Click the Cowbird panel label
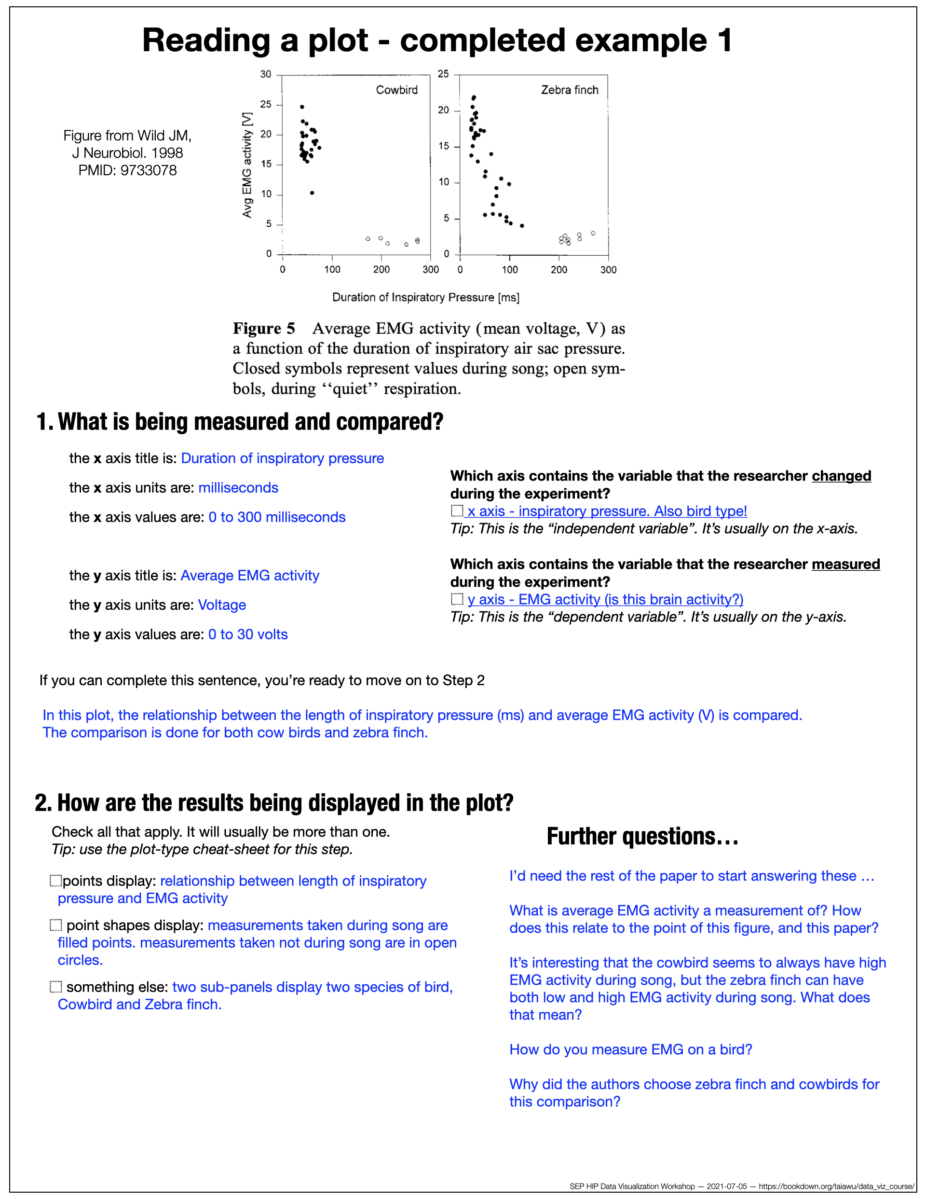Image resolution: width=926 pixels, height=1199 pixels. [396, 90]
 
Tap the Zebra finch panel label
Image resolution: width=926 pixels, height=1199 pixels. [569, 90]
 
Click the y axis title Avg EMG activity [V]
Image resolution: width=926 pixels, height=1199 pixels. [247, 165]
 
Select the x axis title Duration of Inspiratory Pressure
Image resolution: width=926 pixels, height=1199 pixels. [425, 297]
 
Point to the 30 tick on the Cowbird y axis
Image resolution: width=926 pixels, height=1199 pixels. [266, 74]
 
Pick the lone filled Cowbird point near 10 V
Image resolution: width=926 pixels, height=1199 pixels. [312, 193]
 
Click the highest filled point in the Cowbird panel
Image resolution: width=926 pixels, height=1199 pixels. [302, 107]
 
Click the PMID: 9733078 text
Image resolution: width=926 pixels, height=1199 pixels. [127, 170]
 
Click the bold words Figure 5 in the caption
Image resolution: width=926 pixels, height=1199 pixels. [263, 328]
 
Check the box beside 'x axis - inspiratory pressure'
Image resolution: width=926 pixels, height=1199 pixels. [457, 510]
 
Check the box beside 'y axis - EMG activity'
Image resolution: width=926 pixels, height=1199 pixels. [457, 599]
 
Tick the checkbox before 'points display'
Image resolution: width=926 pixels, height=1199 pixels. [56, 881]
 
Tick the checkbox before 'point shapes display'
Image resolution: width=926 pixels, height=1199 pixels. [56, 925]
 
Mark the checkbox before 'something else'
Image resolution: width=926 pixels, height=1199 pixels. [56, 987]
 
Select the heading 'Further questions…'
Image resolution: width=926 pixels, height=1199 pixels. [642, 837]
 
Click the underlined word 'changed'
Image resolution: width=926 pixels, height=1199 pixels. [841, 476]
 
